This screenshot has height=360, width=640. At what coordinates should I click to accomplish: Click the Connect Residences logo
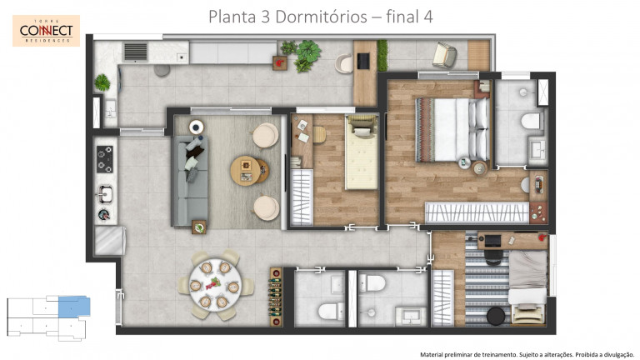click(x=47, y=31)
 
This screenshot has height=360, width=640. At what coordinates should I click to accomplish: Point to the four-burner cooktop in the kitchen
click(x=106, y=155)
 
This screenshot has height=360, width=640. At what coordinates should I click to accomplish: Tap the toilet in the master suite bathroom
click(x=529, y=122)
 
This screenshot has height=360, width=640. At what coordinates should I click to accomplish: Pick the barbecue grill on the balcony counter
click(x=135, y=52)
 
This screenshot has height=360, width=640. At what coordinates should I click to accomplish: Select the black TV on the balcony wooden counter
click(x=362, y=60)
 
